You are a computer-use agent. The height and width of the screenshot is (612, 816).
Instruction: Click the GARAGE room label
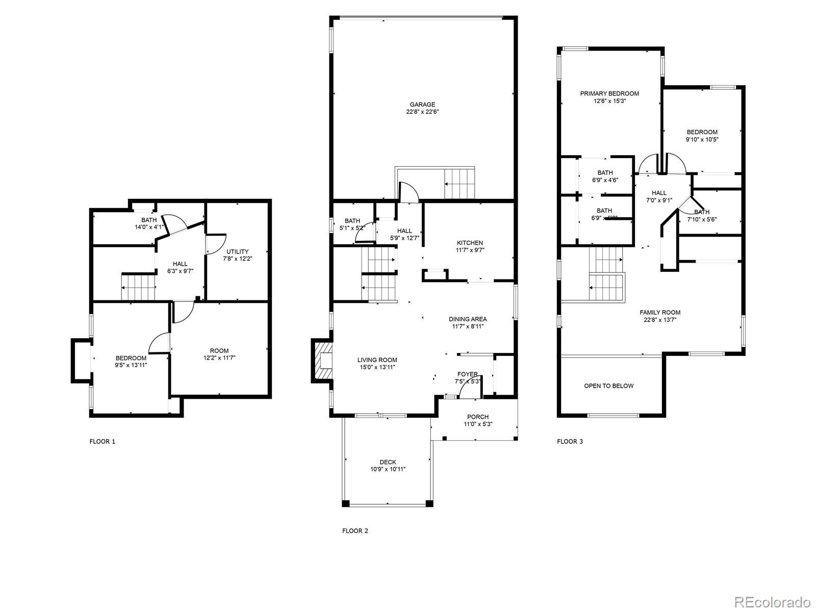422,105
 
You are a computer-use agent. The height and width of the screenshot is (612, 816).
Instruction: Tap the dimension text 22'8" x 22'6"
422,112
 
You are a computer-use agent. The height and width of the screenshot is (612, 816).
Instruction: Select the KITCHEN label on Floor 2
470,243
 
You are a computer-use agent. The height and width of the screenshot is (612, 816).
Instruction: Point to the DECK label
388,462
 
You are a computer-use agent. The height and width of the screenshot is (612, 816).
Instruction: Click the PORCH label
477,417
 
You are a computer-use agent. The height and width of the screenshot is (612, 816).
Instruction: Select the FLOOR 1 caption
102,442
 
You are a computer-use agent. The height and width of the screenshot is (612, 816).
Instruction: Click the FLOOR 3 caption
570,442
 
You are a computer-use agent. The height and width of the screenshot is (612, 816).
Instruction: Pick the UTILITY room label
237,251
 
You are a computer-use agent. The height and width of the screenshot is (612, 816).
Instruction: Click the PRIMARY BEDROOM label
609,93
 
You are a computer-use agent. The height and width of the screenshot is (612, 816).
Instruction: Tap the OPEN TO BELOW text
608,386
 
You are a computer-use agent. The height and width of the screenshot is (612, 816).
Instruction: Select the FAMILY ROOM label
660,313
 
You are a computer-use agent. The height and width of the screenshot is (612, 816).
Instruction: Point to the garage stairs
460,184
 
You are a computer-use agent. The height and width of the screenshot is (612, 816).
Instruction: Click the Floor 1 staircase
138,288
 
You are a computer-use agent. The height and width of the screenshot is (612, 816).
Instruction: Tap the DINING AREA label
468,319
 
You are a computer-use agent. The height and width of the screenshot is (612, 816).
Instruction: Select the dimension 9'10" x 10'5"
702,139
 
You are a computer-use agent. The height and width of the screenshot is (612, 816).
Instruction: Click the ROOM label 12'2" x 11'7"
219,351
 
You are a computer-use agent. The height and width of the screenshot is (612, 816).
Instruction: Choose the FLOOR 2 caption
355,531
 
